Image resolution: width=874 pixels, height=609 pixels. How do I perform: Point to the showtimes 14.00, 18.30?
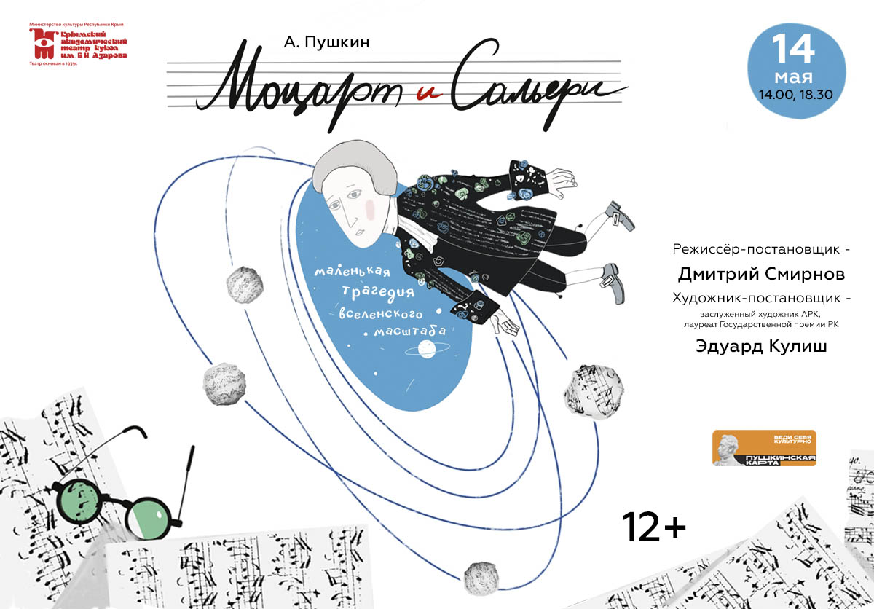pos(794,93)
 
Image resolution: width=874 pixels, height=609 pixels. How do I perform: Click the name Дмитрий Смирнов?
pos(761,275)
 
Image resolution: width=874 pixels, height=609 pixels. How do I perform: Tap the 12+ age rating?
pos(653,526)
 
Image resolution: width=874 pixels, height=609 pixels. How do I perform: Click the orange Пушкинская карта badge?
pos(764,448)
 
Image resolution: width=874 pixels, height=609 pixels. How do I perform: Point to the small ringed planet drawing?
pos(426,350)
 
